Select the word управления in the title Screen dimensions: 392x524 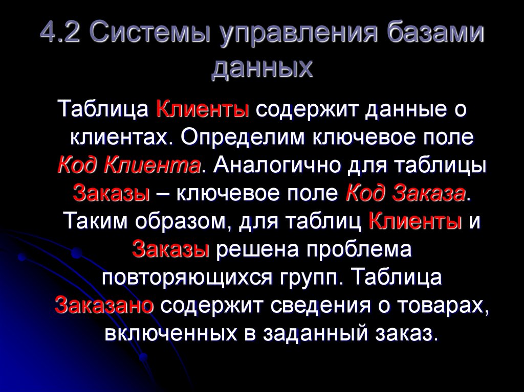coord(299,36)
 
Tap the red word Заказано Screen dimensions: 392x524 coord(104,306)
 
